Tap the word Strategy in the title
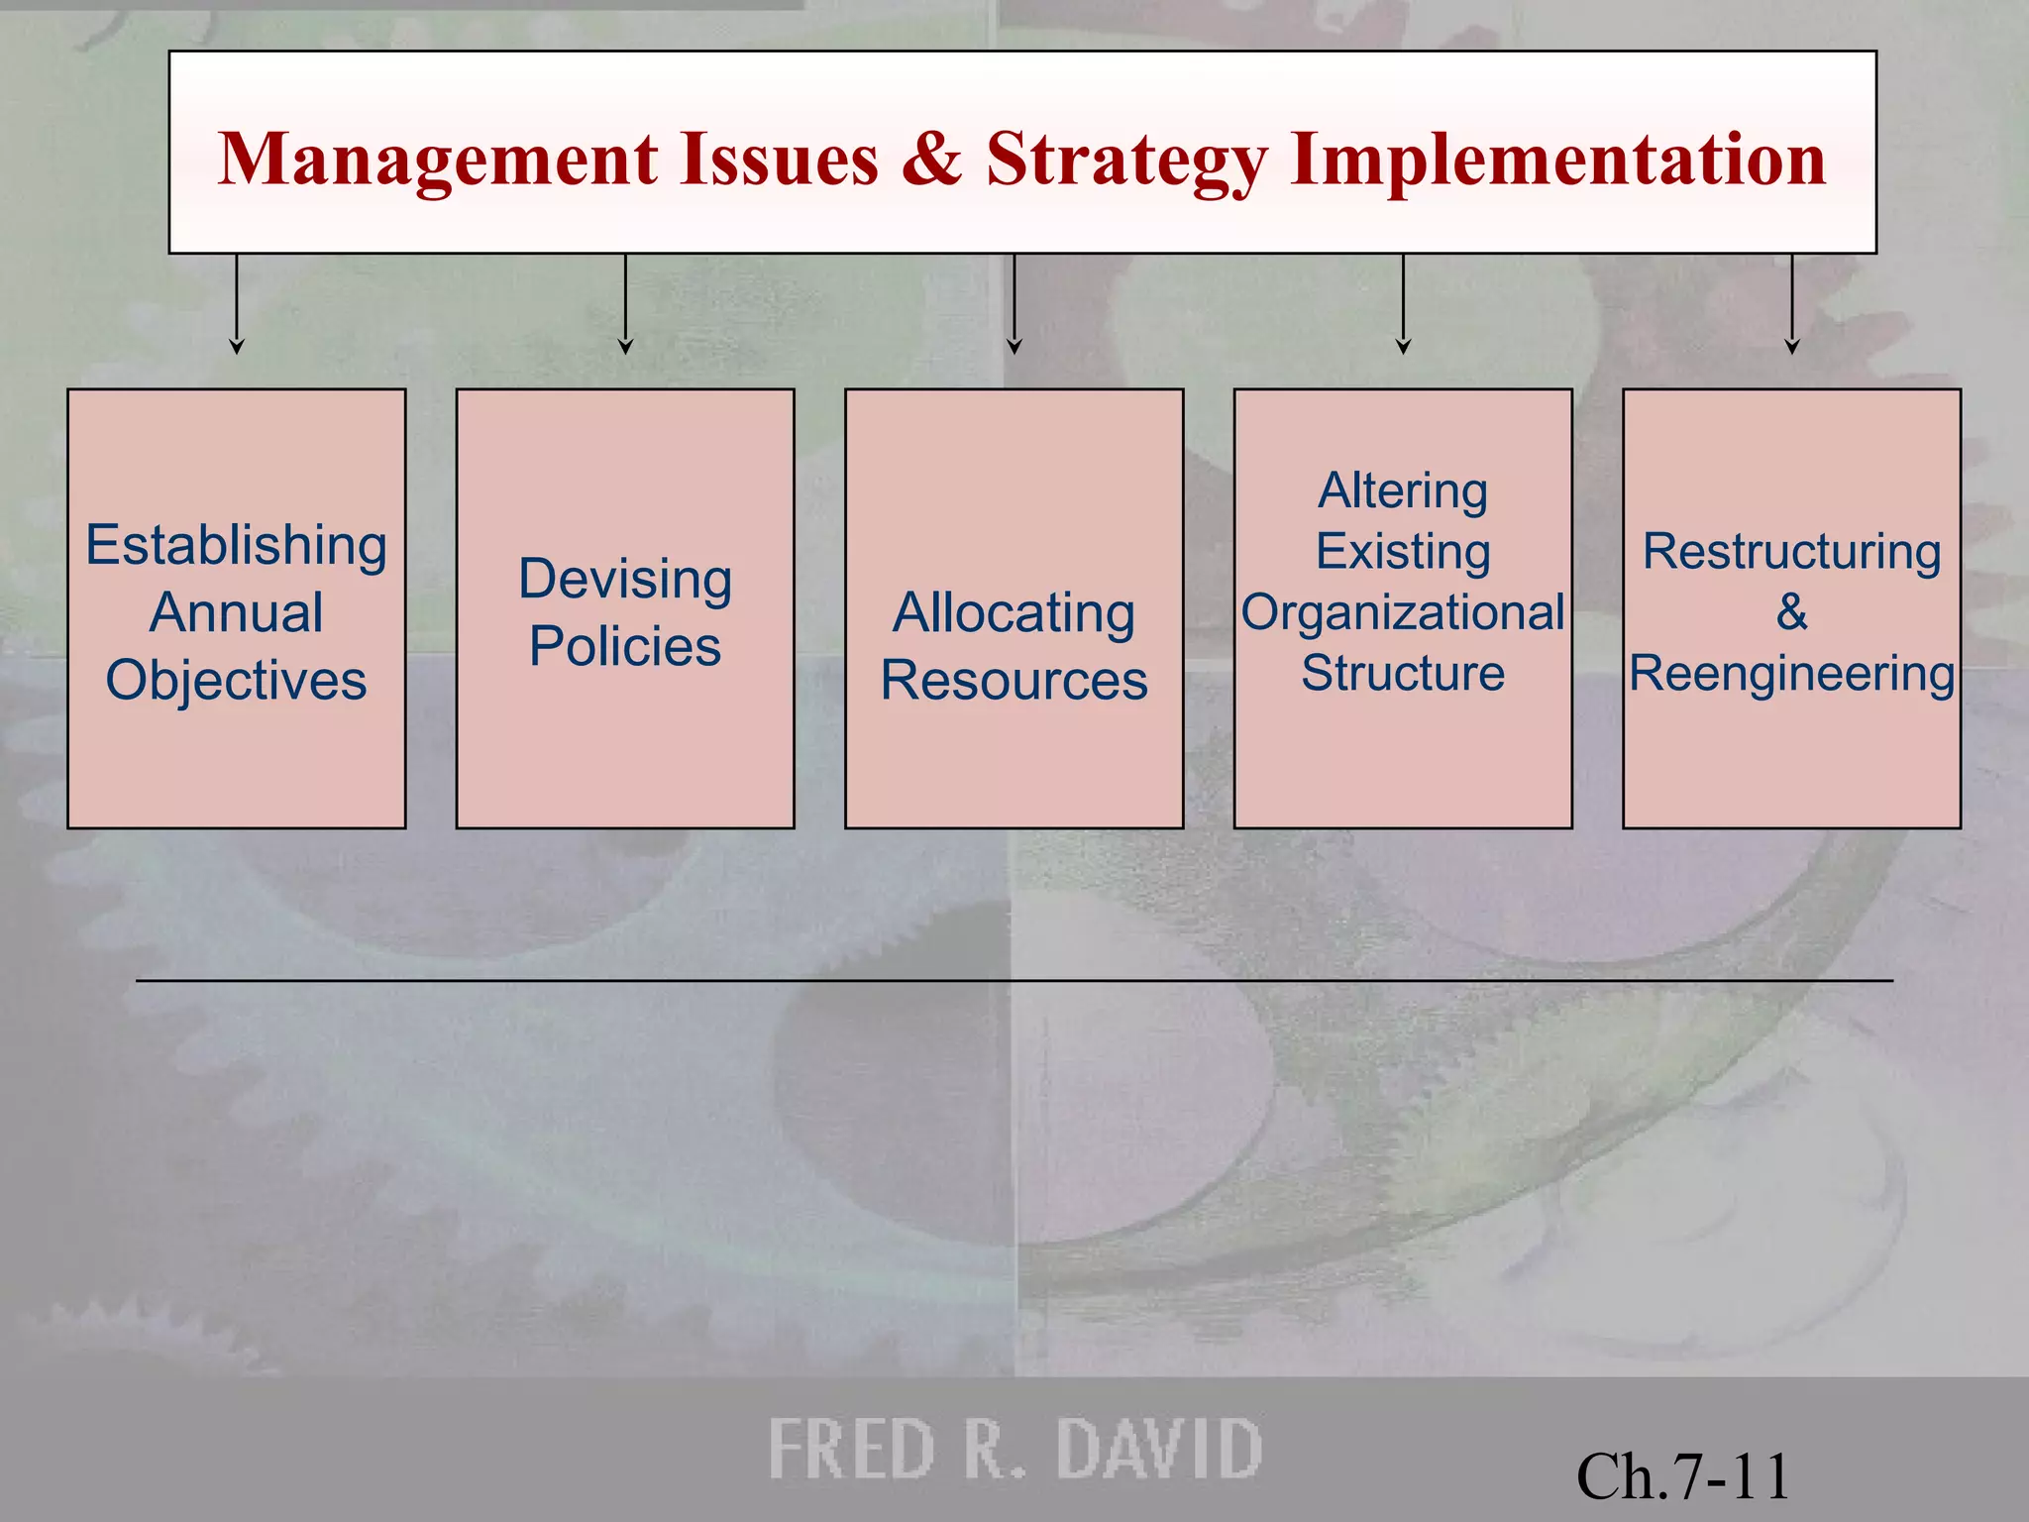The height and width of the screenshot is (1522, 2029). tap(1126, 161)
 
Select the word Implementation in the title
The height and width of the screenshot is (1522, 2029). tap(1558, 161)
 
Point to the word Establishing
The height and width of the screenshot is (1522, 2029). tap(236, 546)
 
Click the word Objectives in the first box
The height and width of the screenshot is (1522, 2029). tap(236, 681)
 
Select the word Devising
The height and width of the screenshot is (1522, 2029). tap(625, 580)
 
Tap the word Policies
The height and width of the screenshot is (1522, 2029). tap(625, 646)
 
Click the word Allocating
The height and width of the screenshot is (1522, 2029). tap(1014, 613)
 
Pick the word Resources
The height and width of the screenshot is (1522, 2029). tap(1014, 681)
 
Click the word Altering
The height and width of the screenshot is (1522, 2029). tap(1403, 491)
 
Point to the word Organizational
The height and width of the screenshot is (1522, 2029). tap(1403, 613)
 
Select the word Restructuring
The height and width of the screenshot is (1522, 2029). tap(1791, 552)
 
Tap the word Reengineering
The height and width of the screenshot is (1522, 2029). tap(1791, 675)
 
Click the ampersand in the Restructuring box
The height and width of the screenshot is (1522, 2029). tap(1791, 612)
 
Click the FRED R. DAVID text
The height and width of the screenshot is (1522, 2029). tap(1014, 1449)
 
